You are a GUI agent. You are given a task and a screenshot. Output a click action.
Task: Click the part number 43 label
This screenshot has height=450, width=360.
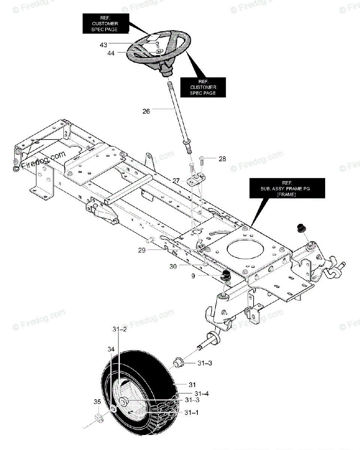[103, 45]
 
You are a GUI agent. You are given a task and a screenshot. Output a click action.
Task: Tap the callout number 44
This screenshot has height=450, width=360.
[111, 53]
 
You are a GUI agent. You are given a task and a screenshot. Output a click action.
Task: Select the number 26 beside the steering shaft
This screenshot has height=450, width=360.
[146, 111]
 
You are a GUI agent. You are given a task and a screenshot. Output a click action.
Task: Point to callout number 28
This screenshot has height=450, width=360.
[222, 159]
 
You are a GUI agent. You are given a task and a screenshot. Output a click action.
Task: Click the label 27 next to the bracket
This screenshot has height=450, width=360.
[176, 180]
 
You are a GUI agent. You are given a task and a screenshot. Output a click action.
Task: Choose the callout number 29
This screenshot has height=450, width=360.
[142, 250]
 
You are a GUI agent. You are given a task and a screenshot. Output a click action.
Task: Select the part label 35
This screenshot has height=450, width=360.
[97, 402]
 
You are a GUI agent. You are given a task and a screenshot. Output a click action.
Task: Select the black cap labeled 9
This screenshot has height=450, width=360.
[226, 275]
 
